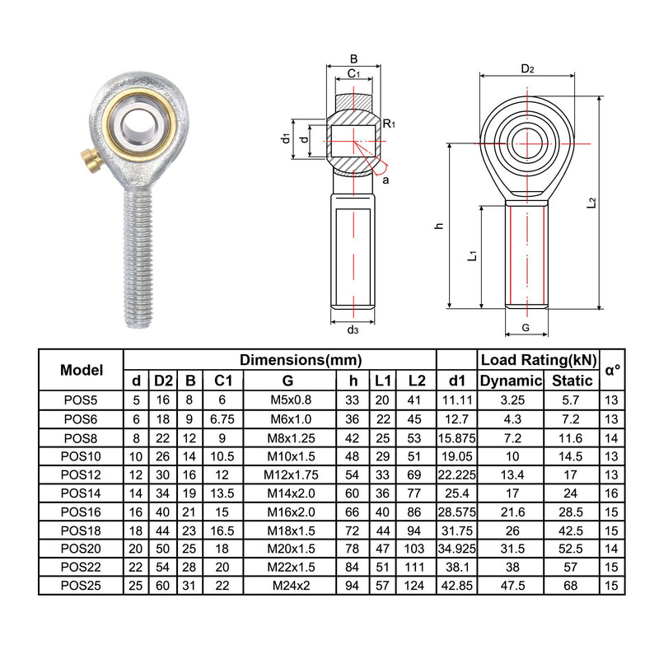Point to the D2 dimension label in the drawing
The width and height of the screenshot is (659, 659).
click(527, 69)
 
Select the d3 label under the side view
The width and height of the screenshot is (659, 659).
click(353, 329)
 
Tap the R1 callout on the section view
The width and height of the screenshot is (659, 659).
click(389, 124)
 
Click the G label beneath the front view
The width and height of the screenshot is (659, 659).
click(526, 328)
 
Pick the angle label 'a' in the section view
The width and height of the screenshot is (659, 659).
click(386, 179)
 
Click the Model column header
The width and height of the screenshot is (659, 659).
click(82, 370)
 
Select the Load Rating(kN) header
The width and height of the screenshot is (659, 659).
click(538, 360)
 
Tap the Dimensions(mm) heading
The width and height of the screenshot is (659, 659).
click(301, 360)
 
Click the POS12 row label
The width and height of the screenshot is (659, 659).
click(82, 474)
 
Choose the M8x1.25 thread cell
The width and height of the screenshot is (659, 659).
click(290, 437)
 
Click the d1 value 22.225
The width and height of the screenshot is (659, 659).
click(456, 474)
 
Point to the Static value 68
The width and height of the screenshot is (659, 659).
click(572, 585)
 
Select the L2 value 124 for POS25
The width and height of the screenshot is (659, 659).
click(416, 585)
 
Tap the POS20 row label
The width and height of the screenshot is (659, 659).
click(82, 548)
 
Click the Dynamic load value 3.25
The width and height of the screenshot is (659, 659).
click(511, 400)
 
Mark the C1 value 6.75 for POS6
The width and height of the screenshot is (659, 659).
click(221, 418)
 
